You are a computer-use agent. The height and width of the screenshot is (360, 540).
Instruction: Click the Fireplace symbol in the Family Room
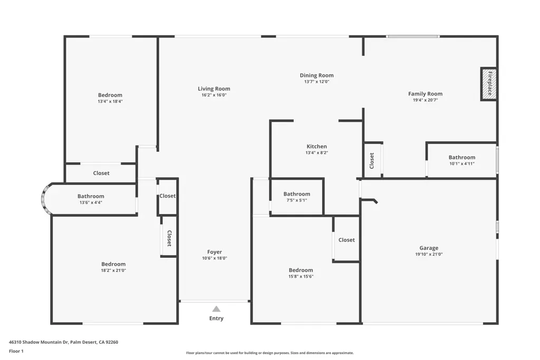[x=489, y=84]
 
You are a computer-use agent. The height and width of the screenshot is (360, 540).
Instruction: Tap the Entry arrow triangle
[x=216, y=309]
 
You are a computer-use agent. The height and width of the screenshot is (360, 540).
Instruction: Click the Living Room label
[x=214, y=89]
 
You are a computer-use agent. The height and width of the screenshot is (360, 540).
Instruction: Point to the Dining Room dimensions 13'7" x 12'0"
[x=316, y=82]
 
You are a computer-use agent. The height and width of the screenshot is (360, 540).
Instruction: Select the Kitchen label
[x=316, y=147]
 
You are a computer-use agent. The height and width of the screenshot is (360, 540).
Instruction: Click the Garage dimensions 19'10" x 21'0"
[x=429, y=255]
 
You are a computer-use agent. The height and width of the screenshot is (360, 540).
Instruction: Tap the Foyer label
[x=214, y=252]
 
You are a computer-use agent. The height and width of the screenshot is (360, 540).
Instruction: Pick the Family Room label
[x=426, y=94]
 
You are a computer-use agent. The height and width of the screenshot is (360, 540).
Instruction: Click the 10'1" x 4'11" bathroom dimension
[x=462, y=163]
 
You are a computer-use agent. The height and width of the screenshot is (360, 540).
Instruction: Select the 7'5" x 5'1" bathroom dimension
[x=296, y=200]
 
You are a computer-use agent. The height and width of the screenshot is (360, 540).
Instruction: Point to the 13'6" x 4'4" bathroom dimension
[x=91, y=202]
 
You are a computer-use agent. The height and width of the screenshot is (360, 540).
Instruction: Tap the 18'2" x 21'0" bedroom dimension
[x=113, y=270]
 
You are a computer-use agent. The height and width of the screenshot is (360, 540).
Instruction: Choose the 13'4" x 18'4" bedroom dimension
[x=110, y=102]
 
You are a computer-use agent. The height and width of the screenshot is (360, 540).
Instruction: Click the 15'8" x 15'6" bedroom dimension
[x=301, y=276]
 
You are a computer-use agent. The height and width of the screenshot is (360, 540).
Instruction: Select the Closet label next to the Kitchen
[x=372, y=161]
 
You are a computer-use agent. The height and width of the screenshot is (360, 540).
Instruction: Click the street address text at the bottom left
[x=63, y=342]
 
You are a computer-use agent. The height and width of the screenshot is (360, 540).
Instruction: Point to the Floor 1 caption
[x=16, y=351]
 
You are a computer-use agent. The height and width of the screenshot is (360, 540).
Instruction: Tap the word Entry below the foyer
[x=216, y=318]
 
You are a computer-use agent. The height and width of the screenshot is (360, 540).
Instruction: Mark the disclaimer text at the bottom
[x=269, y=353]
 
